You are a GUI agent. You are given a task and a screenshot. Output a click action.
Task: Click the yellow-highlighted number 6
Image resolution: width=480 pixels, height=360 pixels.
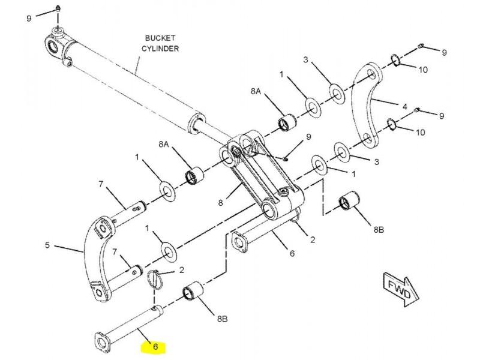pos(155,347)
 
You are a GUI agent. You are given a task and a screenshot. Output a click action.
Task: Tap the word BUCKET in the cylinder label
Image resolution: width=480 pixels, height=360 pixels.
pos(160,38)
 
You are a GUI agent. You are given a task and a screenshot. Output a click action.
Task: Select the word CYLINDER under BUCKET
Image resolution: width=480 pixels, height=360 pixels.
pos(160,49)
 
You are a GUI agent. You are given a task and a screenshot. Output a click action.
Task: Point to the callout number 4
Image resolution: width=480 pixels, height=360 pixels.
pos(404,107)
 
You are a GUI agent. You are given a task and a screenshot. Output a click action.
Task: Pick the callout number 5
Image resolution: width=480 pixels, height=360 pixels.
pos(47,245)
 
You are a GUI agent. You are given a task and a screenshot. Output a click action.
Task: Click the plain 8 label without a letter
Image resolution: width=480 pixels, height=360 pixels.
pos(221,203)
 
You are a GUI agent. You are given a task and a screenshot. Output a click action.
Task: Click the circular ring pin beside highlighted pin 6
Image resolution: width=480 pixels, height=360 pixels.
pos(155,279)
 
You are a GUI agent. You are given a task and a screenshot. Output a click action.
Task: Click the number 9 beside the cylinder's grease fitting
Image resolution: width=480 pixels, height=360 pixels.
pos(29,19)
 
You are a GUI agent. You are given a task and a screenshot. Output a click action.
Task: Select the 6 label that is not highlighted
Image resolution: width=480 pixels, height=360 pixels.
pos(292,253)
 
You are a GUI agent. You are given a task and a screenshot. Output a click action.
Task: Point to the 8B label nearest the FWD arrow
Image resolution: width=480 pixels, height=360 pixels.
pos(379,229)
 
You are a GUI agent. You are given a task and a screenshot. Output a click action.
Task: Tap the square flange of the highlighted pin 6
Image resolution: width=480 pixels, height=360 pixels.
pos(103,342)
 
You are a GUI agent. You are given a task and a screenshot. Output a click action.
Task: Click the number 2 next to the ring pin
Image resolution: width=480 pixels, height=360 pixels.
pos(182,270)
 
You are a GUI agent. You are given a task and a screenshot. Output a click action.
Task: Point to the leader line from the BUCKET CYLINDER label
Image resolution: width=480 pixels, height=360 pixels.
pos(138,64)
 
